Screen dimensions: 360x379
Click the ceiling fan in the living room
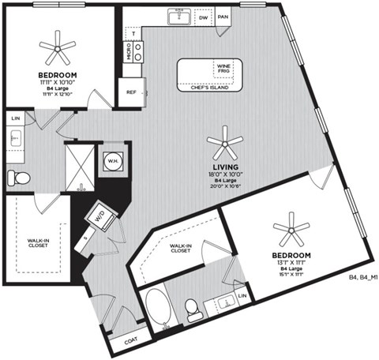pos(224,143)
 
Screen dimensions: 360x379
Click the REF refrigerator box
pos(132,92)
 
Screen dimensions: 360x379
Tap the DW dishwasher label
pos(203,16)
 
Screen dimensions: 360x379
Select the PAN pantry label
pos(223,16)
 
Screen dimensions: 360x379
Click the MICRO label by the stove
pos(129,51)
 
